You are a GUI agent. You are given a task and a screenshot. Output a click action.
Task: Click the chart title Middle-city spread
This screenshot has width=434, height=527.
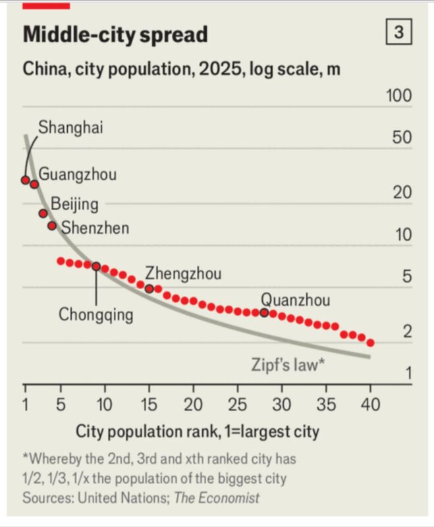115,35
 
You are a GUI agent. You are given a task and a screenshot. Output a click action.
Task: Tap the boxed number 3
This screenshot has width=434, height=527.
398,32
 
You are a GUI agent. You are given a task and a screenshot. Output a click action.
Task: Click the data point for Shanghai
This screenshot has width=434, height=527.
25,180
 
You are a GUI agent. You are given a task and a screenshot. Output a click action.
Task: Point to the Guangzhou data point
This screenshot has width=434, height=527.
34,184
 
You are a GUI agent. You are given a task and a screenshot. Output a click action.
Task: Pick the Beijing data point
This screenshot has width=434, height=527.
43,213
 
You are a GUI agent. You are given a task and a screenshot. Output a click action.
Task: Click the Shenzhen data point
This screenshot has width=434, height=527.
52,226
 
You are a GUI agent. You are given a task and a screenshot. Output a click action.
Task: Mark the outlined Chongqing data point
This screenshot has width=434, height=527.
96,266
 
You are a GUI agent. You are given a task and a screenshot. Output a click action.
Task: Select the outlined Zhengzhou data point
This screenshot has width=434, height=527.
149,289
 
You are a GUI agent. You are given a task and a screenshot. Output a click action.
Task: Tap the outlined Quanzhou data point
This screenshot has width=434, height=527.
265,312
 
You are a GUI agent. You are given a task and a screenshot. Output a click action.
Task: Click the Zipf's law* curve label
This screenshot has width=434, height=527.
288,364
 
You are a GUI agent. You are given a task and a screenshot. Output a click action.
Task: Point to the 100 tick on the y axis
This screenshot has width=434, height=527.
398,96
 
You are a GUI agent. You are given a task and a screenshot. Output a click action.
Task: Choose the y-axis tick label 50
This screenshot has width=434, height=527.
402,139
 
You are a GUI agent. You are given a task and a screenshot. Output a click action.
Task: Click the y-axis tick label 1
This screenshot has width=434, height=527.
408,374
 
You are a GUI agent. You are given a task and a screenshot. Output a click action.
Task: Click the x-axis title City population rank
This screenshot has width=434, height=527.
197,432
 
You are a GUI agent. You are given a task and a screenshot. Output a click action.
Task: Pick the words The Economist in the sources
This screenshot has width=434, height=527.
217,497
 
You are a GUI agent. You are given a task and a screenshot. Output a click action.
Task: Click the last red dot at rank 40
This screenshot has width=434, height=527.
371,343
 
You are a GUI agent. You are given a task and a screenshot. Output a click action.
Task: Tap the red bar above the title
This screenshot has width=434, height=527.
46,5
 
